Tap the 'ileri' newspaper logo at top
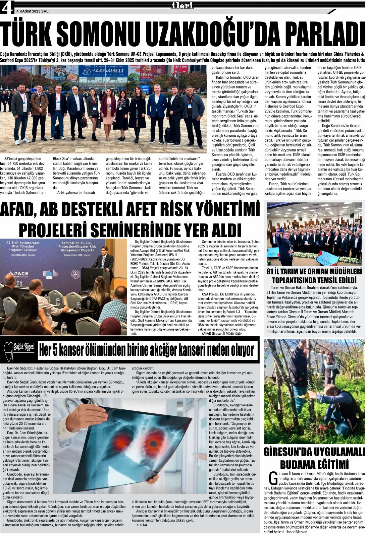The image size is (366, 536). [182, 5]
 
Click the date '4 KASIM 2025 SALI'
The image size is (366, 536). [33, 11]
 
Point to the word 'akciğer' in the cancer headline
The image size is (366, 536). [188, 350]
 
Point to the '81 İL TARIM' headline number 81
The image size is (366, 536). [270, 271]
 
